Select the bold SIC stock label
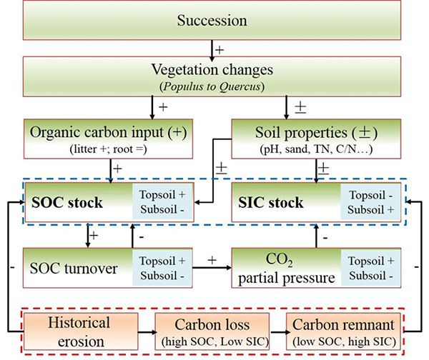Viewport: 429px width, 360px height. (x=272, y=204)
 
